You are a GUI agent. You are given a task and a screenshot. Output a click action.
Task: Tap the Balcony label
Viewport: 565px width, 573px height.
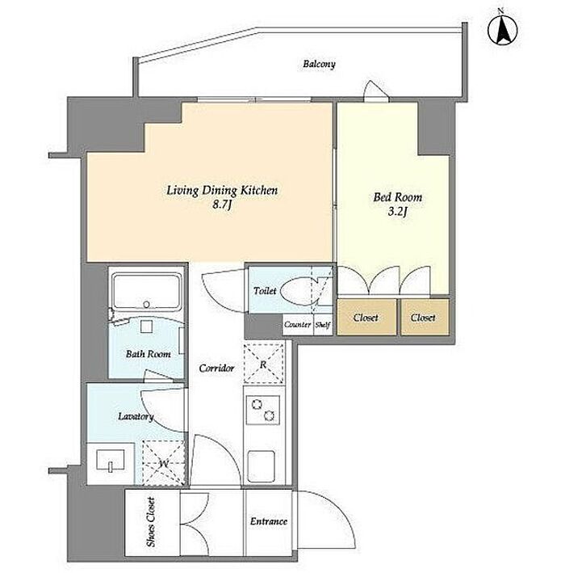(x=319, y=65)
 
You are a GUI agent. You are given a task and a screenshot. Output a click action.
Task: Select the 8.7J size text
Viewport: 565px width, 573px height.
(x=222, y=205)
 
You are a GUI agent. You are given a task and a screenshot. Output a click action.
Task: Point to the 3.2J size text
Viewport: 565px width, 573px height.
(x=397, y=212)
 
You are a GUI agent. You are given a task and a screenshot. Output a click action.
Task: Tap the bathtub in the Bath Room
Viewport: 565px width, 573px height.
(x=146, y=292)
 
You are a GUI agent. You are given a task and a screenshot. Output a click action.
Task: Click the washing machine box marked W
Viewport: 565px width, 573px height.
(x=164, y=463)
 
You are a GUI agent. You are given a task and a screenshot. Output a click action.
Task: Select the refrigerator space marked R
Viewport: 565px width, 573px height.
(x=264, y=364)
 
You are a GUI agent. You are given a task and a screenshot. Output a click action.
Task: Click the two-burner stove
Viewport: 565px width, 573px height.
(x=263, y=410)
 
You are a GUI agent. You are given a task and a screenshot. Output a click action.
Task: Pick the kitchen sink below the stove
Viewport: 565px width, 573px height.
(x=262, y=466)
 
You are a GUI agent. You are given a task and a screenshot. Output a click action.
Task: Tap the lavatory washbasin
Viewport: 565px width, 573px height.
(x=111, y=460)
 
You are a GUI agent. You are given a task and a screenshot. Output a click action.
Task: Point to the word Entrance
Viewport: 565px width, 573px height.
(x=269, y=521)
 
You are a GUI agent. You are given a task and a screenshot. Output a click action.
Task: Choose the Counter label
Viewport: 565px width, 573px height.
(x=298, y=325)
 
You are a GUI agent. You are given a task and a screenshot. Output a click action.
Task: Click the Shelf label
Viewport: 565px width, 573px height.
(x=323, y=325)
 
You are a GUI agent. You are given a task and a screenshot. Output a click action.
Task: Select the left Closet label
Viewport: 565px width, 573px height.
(x=366, y=318)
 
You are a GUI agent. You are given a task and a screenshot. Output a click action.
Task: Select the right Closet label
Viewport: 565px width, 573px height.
(x=423, y=318)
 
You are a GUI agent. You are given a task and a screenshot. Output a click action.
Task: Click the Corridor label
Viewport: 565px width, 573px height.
(x=216, y=368)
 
